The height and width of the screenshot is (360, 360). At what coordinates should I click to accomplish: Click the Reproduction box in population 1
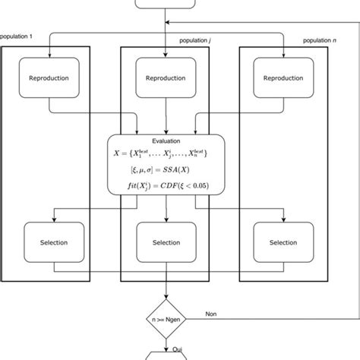click(49, 78)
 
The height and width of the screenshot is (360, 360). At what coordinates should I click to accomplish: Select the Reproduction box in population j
click(165, 78)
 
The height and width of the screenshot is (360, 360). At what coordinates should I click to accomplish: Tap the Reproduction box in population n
click(283, 78)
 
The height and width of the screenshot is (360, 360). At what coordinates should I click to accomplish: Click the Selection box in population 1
click(49, 242)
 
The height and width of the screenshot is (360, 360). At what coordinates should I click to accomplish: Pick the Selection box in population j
click(165, 242)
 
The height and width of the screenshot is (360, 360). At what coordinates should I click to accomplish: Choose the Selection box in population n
click(283, 242)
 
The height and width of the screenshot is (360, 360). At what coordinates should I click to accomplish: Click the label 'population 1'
click(17, 36)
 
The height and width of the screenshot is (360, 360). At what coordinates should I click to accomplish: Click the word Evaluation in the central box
click(166, 141)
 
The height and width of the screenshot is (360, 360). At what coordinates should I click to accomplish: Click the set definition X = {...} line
click(166, 156)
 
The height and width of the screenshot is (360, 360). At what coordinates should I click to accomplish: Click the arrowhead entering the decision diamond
click(166, 298)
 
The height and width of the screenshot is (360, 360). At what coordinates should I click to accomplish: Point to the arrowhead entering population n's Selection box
click(283, 219)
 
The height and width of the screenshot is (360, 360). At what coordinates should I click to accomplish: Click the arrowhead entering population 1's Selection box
click(49, 219)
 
